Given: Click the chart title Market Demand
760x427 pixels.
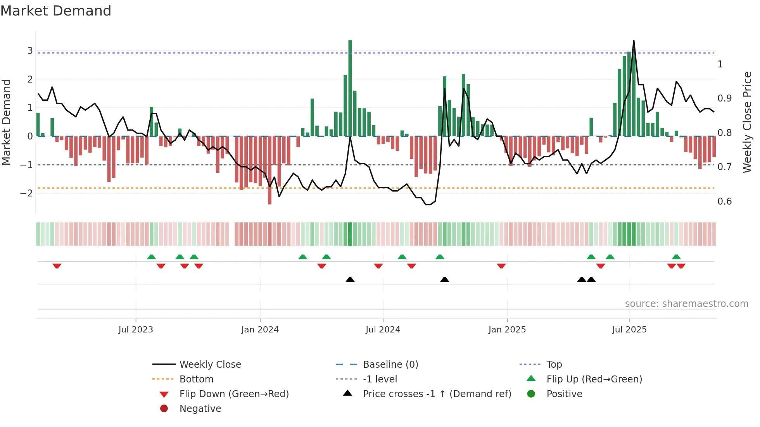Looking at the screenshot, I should pyautogui.click(x=56, y=11).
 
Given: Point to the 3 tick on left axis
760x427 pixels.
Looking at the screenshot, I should pyautogui.click(x=30, y=51).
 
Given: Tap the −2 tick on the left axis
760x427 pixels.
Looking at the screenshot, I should pyautogui.click(x=27, y=193).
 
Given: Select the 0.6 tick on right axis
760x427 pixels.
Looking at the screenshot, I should pyautogui.click(x=724, y=201).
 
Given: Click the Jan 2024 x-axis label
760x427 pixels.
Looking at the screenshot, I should pyautogui.click(x=260, y=330).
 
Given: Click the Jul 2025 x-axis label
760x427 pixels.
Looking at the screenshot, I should pyautogui.click(x=629, y=330).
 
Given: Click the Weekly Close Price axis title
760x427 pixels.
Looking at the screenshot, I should pyautogui.click(x=747, y=122).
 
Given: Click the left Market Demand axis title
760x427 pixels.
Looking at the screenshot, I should pyautogui.click(x=7, y=122).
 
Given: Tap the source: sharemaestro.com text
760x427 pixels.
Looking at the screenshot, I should pyautogui.click(x=686, y=304).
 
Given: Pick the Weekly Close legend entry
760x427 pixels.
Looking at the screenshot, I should pyautogui.click(x=210, y=365).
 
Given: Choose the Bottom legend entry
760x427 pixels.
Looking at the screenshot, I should pyautogui.click(x=196, y=379).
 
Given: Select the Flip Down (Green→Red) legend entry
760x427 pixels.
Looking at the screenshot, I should pyautogui.click(x=234, y=394).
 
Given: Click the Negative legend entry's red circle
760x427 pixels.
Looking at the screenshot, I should pyautogui.click(x=164, y=409).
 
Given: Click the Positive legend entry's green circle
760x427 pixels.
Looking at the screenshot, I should pyautogui.click(x=531, y=394).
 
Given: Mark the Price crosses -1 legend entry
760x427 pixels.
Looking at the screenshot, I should pyautogui.click(x=437, y=394).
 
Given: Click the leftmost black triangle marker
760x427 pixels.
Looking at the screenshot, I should pyautogui.click(x=350, y=280).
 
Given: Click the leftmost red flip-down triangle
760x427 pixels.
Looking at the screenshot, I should pyautogui.click(x=57, y=266).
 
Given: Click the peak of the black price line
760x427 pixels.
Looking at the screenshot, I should pyautogui.click(x=634, y=41).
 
